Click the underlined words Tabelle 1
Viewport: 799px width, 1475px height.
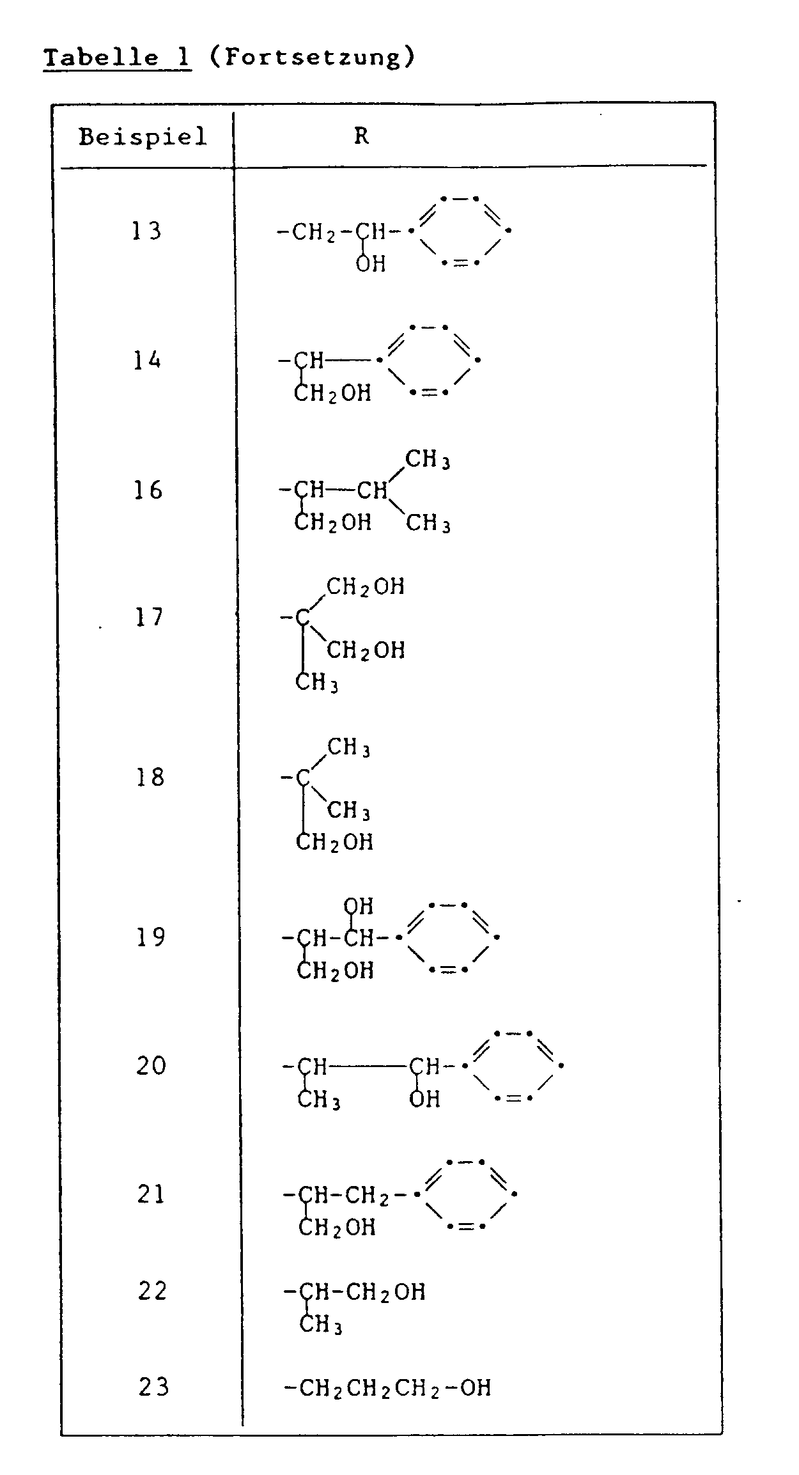pos(118,58)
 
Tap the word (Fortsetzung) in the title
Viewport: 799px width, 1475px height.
pos(312,58)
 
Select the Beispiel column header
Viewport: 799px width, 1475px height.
pos(143,137)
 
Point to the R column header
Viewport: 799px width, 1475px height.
pos(362,136)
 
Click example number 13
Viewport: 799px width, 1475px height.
pos(147,231)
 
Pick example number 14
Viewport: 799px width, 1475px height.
pos(147,361)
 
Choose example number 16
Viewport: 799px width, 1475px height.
pos(148,490)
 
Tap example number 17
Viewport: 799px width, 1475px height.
pos(149,618)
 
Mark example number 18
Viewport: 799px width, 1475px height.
pos(150,777)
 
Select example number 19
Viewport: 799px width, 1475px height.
pos(151,938)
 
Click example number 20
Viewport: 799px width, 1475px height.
pos(151,1066)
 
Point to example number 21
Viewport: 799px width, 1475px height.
pos(151,1194)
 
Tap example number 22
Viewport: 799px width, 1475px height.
pos(153,1291)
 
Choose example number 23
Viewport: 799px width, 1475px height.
pos(154,1387)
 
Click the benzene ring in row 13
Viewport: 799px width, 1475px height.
pos(460,231)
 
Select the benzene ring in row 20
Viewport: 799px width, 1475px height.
pos(514,1066)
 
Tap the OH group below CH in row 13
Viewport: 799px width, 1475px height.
pos(371,263)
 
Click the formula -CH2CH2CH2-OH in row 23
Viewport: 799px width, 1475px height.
pos(387,1388)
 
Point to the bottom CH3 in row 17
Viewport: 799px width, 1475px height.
pos(316,683)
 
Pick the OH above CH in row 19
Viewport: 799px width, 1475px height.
pos(358,906)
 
